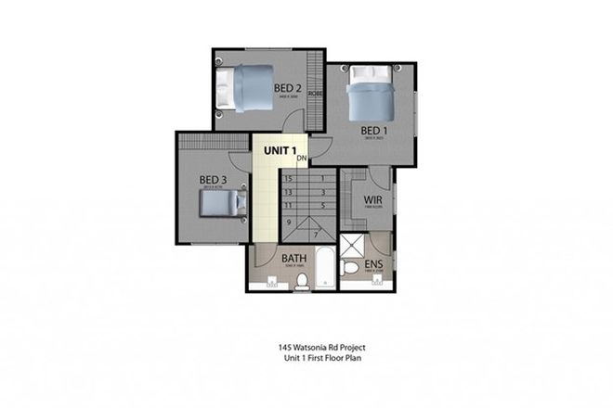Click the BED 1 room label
(373, 130)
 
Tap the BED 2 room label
(287, 89)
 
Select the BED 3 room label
(213, 179)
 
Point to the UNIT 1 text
(280, 149)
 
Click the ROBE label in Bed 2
(315, 93)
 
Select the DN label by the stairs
(302, 159)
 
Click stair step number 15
(289, 178)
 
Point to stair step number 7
(317, 236)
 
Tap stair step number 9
(289, 223)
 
